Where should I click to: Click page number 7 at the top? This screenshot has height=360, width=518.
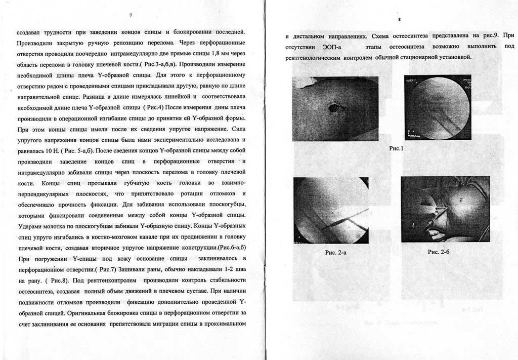[131, 15]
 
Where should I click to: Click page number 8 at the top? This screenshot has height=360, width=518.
[399, 19]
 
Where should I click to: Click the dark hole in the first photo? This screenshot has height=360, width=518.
[334, 107]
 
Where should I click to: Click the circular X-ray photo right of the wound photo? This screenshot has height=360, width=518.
[438, 108]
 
